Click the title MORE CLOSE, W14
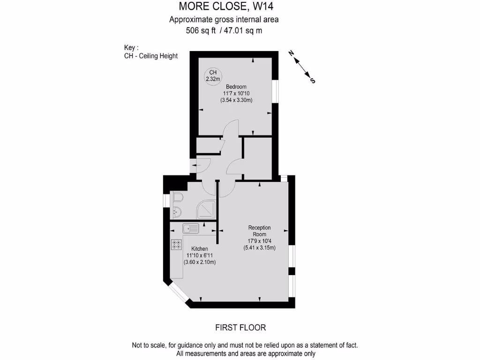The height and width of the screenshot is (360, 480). (x=226, y=7)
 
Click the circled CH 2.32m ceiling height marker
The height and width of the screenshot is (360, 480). (x=213, y=75)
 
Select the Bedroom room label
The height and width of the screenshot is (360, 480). (x=236, y=87)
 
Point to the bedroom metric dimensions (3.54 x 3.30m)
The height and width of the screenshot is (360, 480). (x=236, y=100)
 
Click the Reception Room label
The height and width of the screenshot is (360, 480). (x=259, y=231)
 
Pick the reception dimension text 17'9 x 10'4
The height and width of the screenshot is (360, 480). (x=259, y=241)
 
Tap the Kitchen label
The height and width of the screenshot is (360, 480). (x=200, y=249)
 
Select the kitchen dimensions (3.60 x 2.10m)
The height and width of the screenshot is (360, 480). (x=200, y=262)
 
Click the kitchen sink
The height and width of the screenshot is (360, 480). (x=191, y=229)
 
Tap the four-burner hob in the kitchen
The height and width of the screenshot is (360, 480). (x=177, y=244)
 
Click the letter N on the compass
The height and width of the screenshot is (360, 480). (x=291, y=53)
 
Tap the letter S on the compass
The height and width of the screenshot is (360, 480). (x=313, y=81)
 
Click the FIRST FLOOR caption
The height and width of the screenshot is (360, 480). (x=240, y=328)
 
